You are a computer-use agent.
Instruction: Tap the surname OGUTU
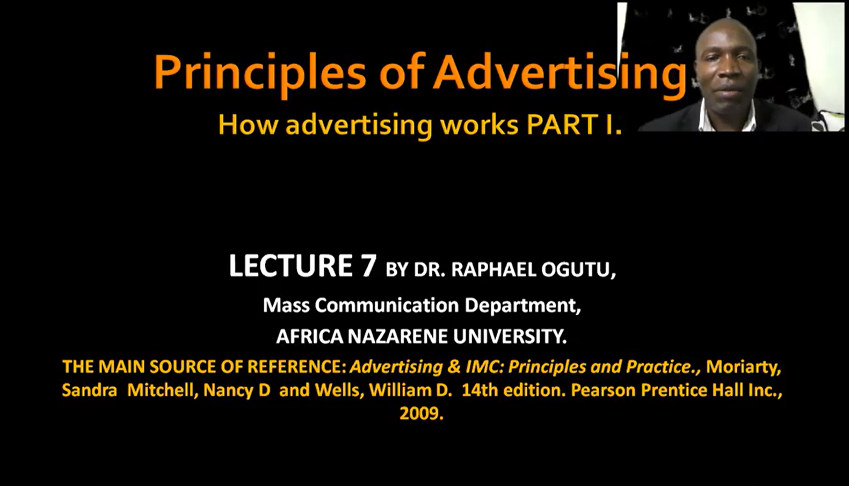tap(576, 270)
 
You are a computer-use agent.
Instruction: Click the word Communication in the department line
tap(387, 305)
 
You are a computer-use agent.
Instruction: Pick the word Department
tap(523, 306)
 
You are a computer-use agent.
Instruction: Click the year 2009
tap(422, 413)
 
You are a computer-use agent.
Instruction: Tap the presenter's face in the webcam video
tap(726, 64)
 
